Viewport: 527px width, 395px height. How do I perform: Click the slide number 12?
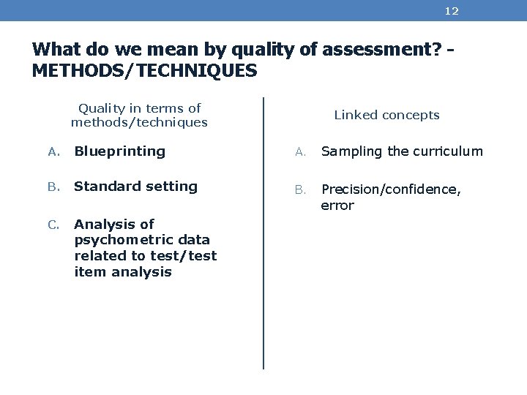point(452,11)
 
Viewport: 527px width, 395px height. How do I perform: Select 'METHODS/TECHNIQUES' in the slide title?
point(145,71)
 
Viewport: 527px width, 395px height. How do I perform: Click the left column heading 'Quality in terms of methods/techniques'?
point(139,115)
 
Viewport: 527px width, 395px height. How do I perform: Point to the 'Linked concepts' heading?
point(386,115)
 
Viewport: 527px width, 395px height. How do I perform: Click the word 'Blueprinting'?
point(120,151)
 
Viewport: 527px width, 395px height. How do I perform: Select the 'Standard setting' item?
point(135,187)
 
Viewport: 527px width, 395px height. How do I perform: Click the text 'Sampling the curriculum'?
point(402,151)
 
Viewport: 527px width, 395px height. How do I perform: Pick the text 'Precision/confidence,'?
point(391,189)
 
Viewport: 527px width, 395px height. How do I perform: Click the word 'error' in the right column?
point(337,206)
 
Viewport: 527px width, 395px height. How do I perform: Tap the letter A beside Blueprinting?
point(53,152)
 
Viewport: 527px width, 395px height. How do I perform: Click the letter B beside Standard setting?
point(53,187)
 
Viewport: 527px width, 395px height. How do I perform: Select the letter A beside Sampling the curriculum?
point(299,152)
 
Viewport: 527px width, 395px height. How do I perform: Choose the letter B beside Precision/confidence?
point(299,190)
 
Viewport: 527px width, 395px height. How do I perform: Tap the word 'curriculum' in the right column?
point(448,151)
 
